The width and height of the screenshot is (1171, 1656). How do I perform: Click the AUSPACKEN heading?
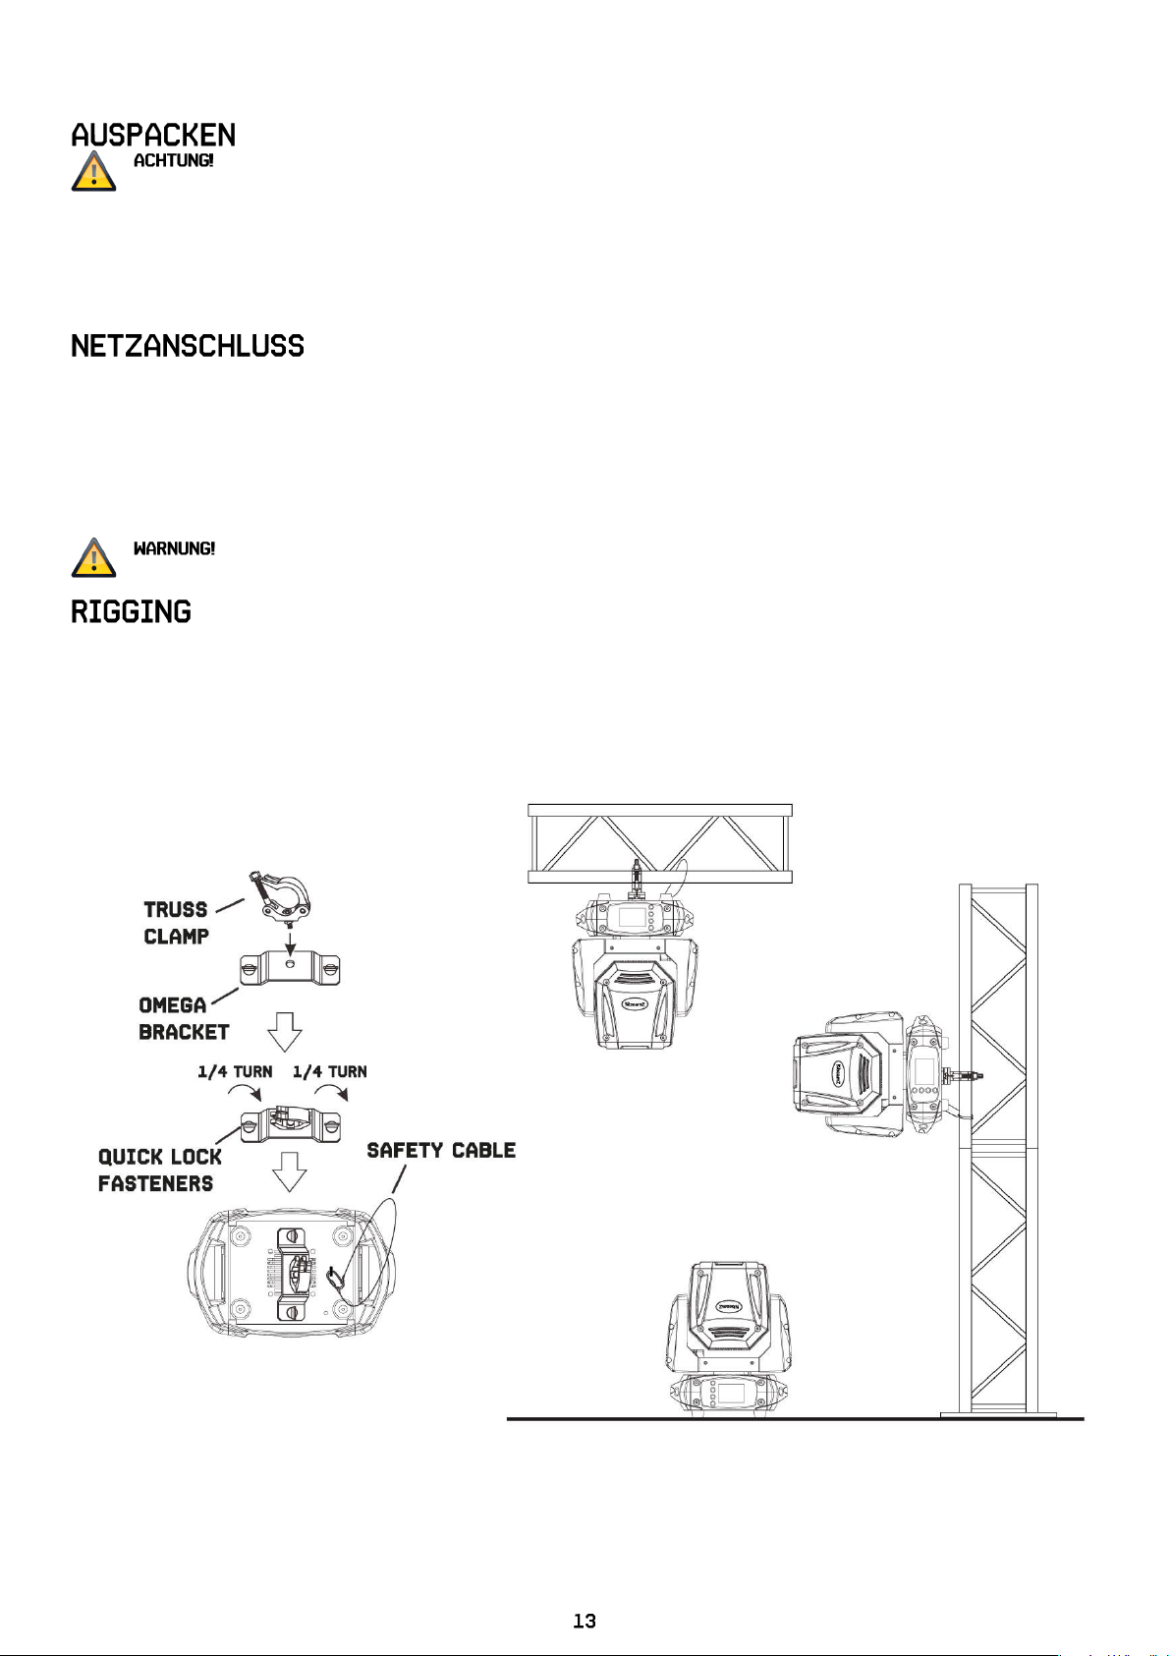pyautogui.click(x=153, y=135)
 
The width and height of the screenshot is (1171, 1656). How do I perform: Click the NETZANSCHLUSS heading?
pyautogui.click(x=188, y=346)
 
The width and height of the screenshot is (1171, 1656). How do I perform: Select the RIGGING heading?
pyautogui.click(x=131, y=612)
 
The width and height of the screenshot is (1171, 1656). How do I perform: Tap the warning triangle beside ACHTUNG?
pyautogui.click(x=93, y=172)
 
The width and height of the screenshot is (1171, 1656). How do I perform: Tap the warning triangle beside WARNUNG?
pyautogui.click(x=93, y=558)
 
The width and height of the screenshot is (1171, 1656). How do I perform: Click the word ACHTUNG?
pyautogui.click(x=173, y=160)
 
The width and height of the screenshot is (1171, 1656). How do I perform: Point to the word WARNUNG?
pyautogui.click(x=174, y=548)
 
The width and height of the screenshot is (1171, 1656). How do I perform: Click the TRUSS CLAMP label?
pyautogui.click(x=176, y=923)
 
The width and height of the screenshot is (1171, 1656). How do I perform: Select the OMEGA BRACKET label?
pyautogui.click(x=184, y=1018)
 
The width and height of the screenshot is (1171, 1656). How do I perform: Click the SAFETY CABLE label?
pyautogui.click(x=441, y=1150)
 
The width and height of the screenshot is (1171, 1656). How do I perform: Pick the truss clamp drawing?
pyautogui.click(x=283, y=896)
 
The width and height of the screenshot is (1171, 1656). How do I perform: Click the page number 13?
pyautogui.click(x=585, y=1621)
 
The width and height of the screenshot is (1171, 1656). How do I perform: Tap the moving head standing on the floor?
pyautogui.click(x=726, y=1337)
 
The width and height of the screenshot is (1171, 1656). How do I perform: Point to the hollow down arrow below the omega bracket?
pyautogui.click(x=285, y=1033)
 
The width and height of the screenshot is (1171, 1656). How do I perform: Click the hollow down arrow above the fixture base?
pyautogui.click(x=289, y=1171)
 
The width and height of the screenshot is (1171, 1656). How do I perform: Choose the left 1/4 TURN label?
pyautogui.click(x=235, y=1071)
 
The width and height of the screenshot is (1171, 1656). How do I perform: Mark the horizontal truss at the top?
pyautogui.click(x=660, y=843)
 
